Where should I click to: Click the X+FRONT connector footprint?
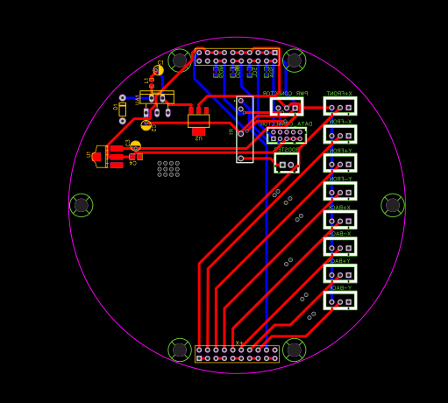(339, 107)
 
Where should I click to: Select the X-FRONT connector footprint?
(339, 134)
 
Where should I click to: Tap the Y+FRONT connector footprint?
(339, 163)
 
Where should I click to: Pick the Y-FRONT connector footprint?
(339, 191)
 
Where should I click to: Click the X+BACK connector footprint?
(339, 219)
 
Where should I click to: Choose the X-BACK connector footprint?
(339, 246)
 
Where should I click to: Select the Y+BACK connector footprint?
(339, 273)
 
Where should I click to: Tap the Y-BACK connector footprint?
(339, 300)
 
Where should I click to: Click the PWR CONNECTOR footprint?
(286, 107)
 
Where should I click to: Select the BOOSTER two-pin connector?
(287, 164)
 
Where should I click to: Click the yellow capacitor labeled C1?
(158, 70)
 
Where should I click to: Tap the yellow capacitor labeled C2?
(146, 125)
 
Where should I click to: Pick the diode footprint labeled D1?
(122, 109)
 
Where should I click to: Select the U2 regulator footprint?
(198, 120)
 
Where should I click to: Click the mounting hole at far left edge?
(81, 205)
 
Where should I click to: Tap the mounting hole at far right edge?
(393, 205)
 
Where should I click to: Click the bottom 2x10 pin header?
(237, 354)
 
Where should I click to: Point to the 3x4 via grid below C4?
(168, 168)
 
